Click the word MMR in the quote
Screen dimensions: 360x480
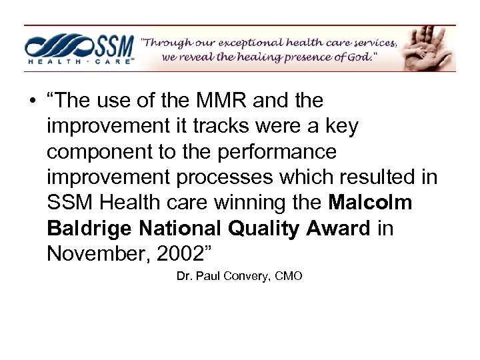pos(220,101)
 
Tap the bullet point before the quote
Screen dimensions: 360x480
pos(31,102)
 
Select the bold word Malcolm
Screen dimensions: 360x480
pos(370,203)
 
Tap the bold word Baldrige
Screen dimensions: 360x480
pos(89,229)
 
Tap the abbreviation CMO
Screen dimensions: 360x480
pos(288,275)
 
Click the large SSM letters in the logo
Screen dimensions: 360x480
pos(112,45)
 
